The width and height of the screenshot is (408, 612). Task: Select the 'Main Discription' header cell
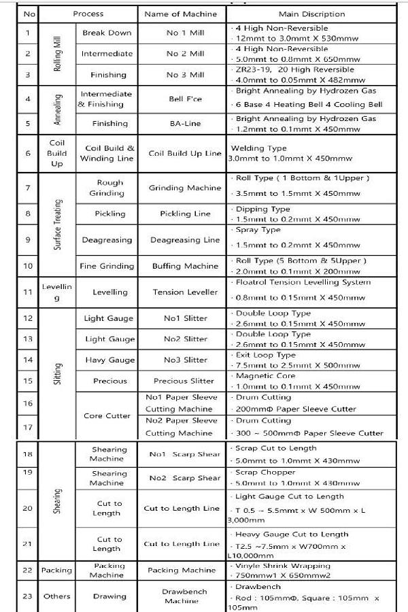coord(311,14)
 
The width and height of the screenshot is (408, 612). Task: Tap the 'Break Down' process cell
coord(107,33)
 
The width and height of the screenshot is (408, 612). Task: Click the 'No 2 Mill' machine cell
coord(185,54)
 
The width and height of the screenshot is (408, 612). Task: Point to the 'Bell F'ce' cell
coord(185,99)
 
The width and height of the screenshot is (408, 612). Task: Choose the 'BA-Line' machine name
coord(185,124)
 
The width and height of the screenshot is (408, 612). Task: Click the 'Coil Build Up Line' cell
coord(185,153)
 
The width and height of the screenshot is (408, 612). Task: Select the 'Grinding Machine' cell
coord(185,188)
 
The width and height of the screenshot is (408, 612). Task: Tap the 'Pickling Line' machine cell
coord(185,214)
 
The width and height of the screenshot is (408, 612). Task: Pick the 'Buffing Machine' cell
coord(185,266)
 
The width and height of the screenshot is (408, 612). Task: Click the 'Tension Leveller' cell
coord(185,292)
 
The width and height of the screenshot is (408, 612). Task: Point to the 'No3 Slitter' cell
coord(185,360)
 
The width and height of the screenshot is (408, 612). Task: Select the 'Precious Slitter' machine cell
coord(185,381)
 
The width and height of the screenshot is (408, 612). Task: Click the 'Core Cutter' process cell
coord(107,415)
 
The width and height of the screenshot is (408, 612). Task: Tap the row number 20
coord(27,508)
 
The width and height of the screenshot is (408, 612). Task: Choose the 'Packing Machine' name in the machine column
coord(182,571)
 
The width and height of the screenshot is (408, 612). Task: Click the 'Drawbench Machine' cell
coord(182,596)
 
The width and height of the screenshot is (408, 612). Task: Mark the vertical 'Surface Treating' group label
coord(57,224)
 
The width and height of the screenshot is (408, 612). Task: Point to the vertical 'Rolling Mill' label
coord(57,54)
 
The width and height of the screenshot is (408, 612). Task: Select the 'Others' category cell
coord(57,596)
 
